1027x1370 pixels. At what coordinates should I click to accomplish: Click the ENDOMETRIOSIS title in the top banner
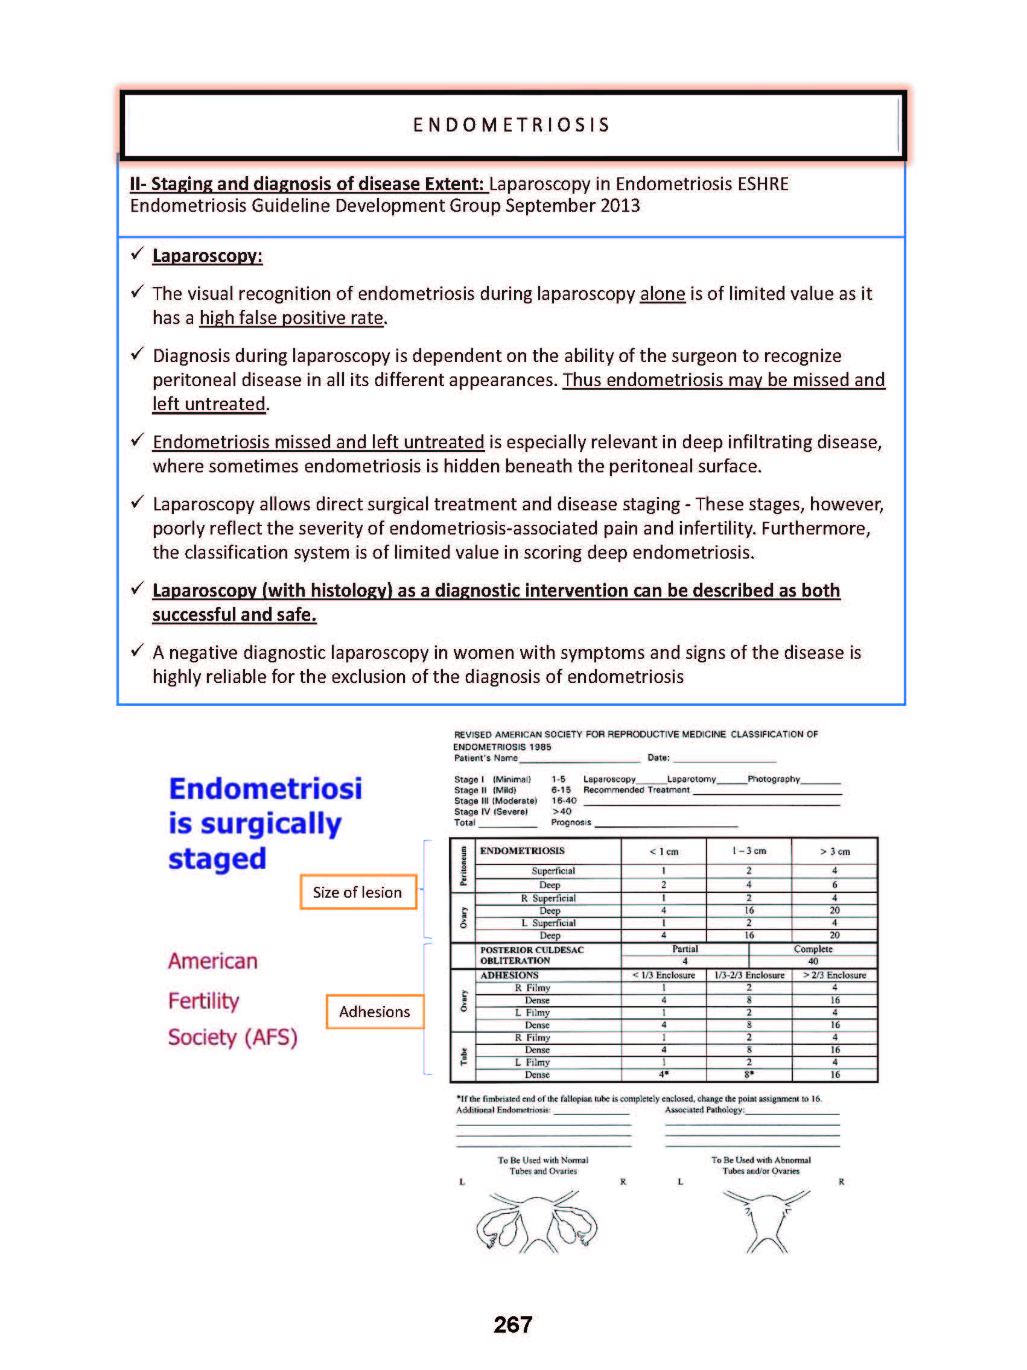click(512, 125)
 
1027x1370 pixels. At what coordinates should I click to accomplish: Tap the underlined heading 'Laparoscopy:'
click(207, 256)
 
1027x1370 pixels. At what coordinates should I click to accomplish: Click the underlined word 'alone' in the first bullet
click(662, 294)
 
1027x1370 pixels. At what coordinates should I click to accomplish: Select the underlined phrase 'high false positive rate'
click(291, 318)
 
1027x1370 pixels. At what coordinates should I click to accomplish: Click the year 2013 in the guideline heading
click(620, 206)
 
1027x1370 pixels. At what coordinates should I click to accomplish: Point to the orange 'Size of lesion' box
click(357, 892)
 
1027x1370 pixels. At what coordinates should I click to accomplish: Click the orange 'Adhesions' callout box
click(374, 1012)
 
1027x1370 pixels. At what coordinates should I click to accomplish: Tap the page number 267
click(513, 1325)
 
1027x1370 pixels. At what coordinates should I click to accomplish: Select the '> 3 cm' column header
click(835, 852)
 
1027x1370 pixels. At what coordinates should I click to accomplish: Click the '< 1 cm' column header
click(663, 852)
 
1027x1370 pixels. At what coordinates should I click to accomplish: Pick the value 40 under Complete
click(813, 961)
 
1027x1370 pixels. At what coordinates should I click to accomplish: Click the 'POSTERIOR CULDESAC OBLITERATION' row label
click(532, 955)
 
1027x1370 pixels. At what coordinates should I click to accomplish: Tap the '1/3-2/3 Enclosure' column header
click(749, 975)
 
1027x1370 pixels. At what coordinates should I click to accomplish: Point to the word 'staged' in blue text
click(217, 859)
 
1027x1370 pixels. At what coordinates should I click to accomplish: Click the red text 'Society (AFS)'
click(232, 1038)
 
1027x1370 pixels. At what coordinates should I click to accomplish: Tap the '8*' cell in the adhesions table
click(749, 1074)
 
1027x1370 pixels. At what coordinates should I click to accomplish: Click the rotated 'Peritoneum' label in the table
click(463, 866)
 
